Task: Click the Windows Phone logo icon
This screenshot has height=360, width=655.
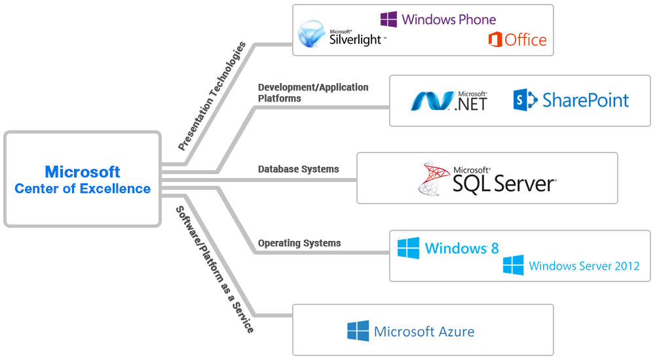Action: pyautogui.click(x=388, y=20)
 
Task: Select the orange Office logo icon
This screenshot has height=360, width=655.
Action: pyautogui.click(x=495, y=40)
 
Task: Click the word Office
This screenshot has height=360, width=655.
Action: pyautogui.click(x=525, y=40)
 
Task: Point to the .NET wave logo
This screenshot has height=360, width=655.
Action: pyautogui.click(x=431, y=101)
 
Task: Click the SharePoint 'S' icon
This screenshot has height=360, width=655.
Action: pyautogui.click(x=524, y=100)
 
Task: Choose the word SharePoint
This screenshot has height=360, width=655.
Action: pyautogui.click(x=586, y=100)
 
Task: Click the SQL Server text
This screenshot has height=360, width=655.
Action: pyautogui.click(x=504, y=184)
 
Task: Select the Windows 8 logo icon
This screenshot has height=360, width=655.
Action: pyautogui.click(x=409, y=248)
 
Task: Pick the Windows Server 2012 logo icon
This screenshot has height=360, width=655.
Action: pyautogui.click(x=514, y=265)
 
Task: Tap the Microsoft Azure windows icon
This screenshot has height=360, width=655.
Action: pyautogui.click(x=358, y=331)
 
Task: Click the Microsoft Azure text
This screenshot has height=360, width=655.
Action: pyautogui.click(x=424, y=332)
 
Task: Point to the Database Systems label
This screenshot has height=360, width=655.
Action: pyautogui.click(x=298, y=170)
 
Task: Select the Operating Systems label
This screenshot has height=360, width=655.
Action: pyautogui.click(x=299, y=243)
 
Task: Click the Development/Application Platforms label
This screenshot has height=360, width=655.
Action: pyautogui.click(x=313, y=93)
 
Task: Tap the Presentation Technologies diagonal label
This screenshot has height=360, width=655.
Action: pyautogui.click(x=214, y=96)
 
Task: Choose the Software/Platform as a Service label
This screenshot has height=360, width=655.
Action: pyautogui.click(x=214, y=269)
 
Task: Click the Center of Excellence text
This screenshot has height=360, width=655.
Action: pyautogui.click(x=83, y=189)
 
